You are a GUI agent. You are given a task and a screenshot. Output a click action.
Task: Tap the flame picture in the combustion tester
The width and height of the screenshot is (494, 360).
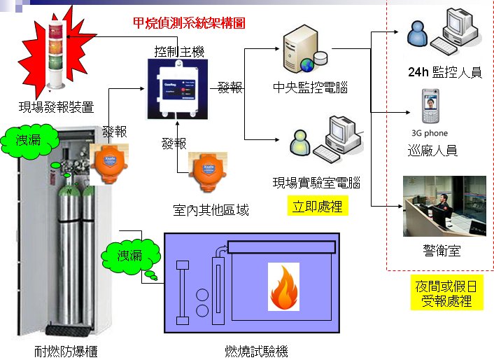tap(283, 287)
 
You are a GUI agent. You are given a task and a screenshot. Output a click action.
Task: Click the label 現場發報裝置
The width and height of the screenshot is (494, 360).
tap(56, 108)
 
